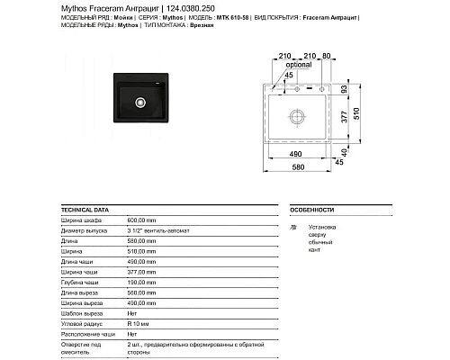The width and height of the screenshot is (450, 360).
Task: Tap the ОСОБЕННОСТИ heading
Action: tap(313, 207)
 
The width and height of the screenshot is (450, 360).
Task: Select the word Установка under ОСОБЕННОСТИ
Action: tap(322, 227)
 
